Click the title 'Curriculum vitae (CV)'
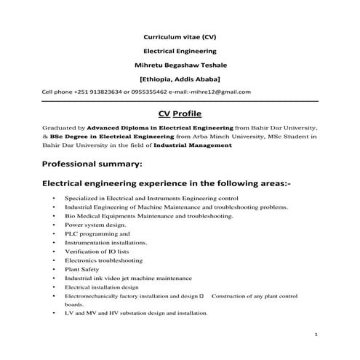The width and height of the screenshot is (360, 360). pos(180,35)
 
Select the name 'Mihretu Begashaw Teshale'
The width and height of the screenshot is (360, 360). pos(180,64)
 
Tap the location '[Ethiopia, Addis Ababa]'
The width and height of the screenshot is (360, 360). pos(180,78)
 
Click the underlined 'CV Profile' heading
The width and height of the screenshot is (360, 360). pos(180,114)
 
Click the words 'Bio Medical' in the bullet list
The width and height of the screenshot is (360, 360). pos(81,217)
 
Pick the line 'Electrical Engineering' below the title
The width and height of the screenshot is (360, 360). pos(180,50)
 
